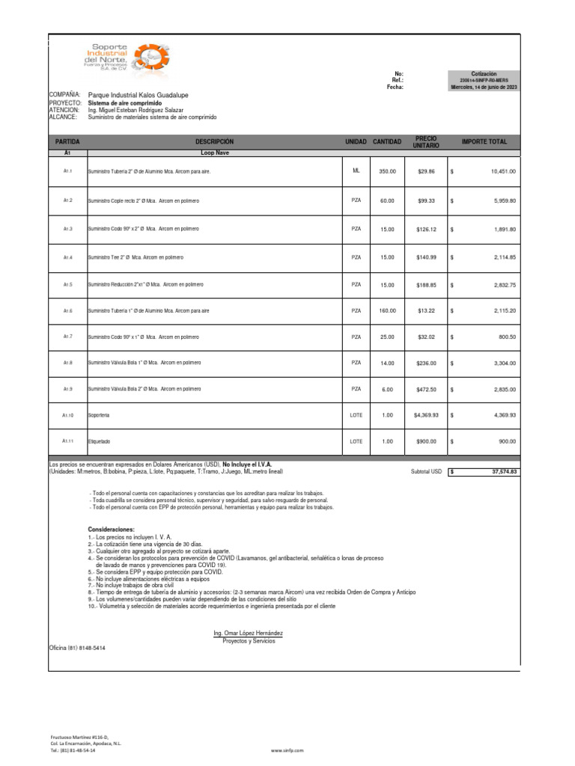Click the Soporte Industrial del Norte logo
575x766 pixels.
[x=127, y=58]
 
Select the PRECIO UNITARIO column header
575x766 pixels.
[x=426, y=141]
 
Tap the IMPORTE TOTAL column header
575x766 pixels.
[x=484, y=141]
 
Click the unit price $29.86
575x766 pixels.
[x=426, y=171]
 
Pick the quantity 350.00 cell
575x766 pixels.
[x=387, y=171]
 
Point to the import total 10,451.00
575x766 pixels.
[x=503, y=171]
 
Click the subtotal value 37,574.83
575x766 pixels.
[x=504, y=472]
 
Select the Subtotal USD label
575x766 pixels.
[x=426, y=472]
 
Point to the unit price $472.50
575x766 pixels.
[x=426, y=389]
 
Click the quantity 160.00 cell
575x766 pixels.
[x=387, y=310]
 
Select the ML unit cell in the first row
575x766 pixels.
[x=356, y=171]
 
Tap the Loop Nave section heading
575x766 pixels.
[x=214, y=152]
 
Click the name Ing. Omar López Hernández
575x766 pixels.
[x=248, y=633]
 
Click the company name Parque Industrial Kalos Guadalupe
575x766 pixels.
[x=139, y=96]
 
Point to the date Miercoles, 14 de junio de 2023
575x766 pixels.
[x=484, y=87]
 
